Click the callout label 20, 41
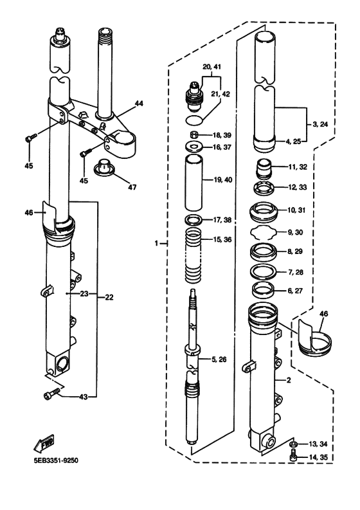point(211,67)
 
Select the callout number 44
point(139,104)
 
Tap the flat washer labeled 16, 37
point(192,147)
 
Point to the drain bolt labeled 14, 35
point(292,456)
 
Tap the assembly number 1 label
point(156,244)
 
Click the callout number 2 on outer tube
point(289,380)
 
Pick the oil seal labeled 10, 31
point(264,211)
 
